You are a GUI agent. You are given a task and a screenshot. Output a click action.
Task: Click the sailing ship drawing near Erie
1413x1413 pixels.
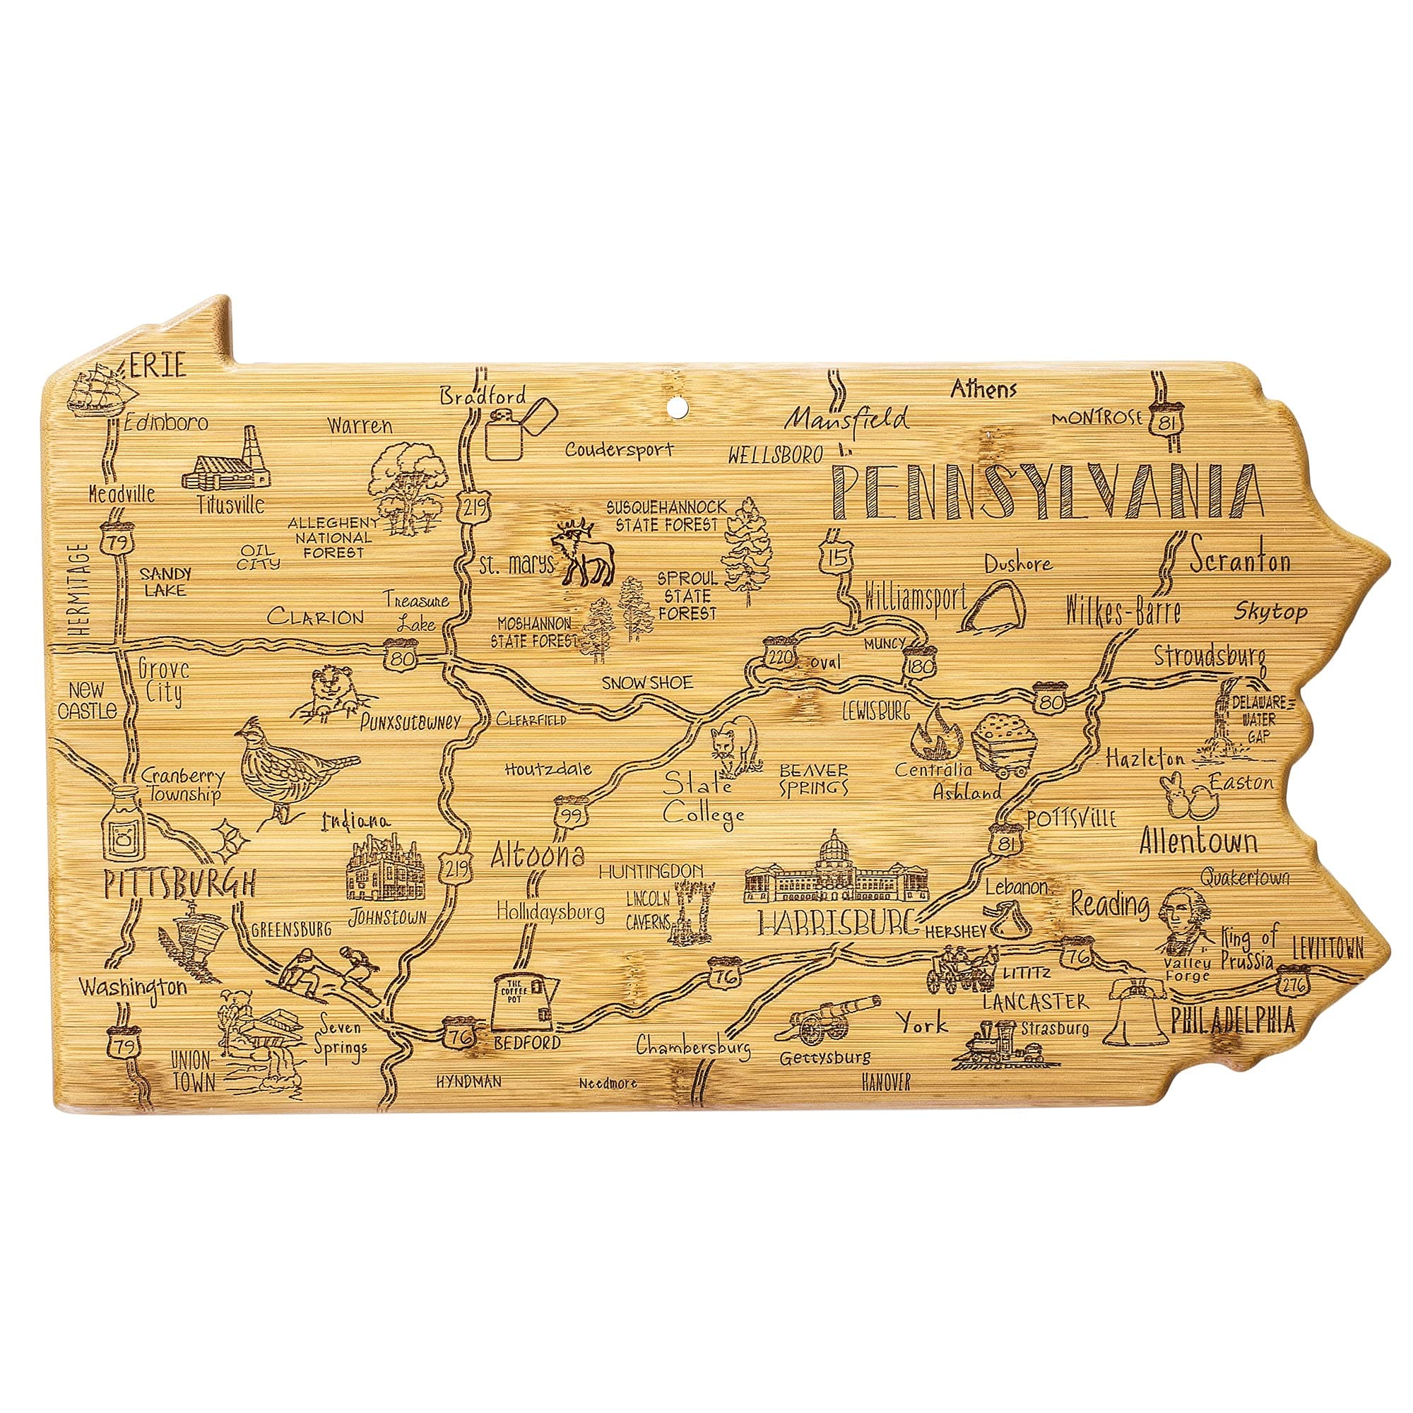100,389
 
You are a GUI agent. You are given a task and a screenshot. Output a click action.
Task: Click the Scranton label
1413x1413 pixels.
1239,561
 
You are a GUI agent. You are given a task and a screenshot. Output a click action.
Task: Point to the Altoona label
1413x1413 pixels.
537,854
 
